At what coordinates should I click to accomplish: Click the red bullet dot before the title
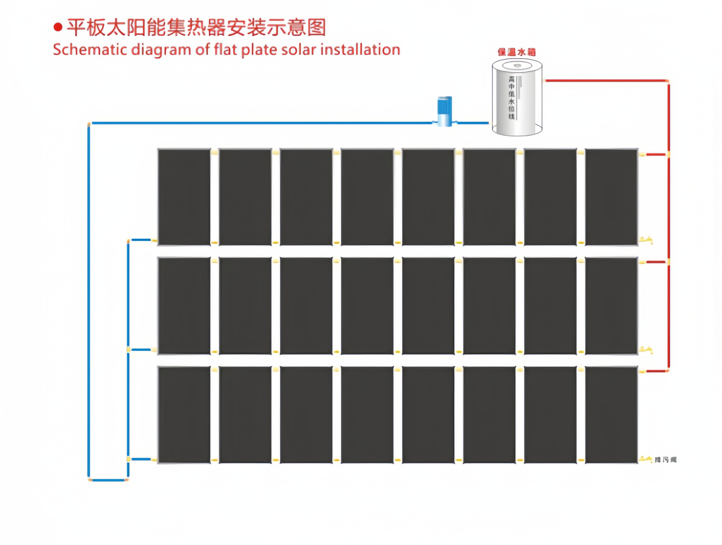coord(58,27)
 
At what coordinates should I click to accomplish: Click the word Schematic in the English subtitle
coord(90,50)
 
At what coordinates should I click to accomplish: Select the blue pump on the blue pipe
coord(444,111)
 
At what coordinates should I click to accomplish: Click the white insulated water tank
coord(517,97)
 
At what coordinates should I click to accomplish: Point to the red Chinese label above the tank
coord(516,52)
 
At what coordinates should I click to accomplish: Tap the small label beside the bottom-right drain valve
coord(665,460)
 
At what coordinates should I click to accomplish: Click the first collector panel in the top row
coord(184,197)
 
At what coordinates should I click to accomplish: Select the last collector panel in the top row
coord(611,197)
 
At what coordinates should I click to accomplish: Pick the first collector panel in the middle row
coord(184,306)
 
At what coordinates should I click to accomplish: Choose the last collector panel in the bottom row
coord(611,414)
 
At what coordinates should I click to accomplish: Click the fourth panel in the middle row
coord(367,306)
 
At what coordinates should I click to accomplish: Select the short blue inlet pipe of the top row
coord(141,240)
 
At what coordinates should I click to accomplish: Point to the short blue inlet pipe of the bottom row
coord(141,459)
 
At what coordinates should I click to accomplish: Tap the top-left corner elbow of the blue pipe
coord(89,123)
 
